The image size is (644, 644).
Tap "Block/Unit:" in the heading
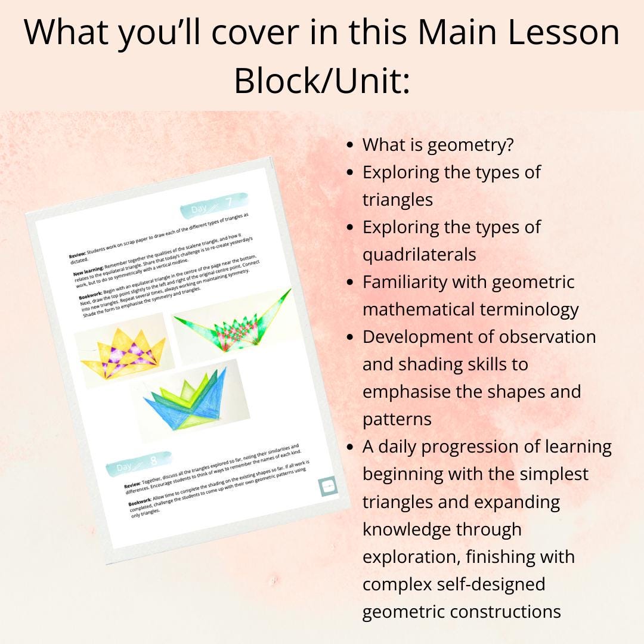[322, 80]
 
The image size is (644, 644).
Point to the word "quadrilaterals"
[419, 255]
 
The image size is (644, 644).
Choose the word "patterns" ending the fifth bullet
[397, 419]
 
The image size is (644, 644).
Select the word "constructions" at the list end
[462, 611]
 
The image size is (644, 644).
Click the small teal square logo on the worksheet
[328, 486]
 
